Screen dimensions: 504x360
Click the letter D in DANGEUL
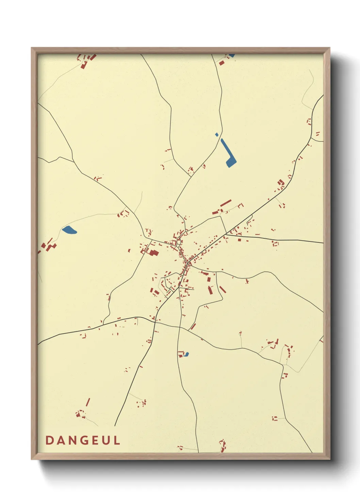click(49, 440)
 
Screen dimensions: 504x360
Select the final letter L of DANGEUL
click(117, 440)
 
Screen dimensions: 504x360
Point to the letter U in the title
click(105, 440)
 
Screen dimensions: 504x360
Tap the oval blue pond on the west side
click(69, 230)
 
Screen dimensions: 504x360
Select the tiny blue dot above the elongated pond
click(217, 135)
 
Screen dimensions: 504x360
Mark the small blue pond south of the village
click(186, 354)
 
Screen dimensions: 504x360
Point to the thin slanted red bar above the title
click(88, 402)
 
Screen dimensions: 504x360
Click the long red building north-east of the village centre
click(226, 203)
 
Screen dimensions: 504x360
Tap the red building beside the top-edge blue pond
click(222, 63)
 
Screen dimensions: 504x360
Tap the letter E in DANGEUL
click(94, 440)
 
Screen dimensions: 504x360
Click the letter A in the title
click(60, 440)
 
